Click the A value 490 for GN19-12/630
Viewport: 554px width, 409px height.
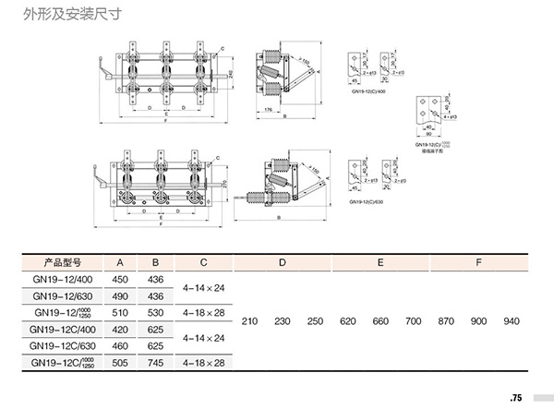121,296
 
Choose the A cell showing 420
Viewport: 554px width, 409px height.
121,330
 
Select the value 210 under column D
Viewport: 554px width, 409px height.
249,321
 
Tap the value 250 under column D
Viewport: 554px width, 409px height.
315,321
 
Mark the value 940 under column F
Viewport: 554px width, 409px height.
512,321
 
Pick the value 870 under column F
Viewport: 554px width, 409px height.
446,321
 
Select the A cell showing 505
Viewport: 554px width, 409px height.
121,363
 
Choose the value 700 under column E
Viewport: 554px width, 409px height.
413,321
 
